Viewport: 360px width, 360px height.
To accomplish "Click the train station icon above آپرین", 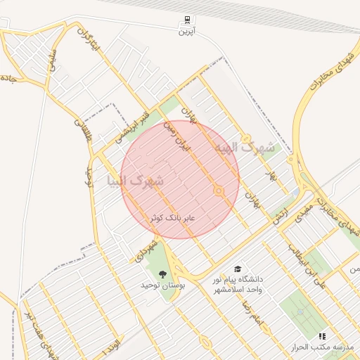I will pyautogui.click(x=186, y=20).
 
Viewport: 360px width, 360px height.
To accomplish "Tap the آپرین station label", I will pyautogui.click(x=186, y=31).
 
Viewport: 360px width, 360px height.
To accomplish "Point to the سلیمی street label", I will pyautogui.click(x=54, y=63).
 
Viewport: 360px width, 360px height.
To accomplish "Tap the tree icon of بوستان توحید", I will pyautogui.click(x=163, y=274).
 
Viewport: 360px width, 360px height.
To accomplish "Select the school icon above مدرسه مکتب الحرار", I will pyautogui.click(x=323, y=337).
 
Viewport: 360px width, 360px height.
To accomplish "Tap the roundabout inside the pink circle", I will pyautogui.click(x=219, y=191).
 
